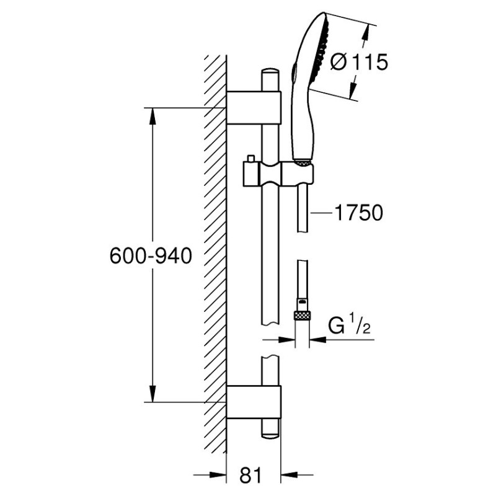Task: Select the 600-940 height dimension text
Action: point(148,255)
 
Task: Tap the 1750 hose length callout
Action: point(359,213)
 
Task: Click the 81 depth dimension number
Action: point(249,476)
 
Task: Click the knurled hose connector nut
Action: point(302,314)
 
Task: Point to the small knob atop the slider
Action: point(251,159)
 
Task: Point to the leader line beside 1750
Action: point(322,213)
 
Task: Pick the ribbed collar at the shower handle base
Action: point(301,162)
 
